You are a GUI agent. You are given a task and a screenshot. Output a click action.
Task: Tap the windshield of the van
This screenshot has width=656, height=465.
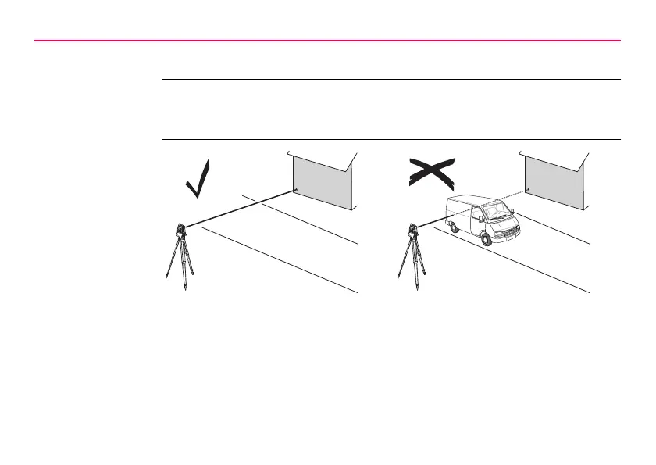pos(495,209)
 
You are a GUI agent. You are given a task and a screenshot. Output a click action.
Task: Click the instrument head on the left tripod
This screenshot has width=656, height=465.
pos(180,231)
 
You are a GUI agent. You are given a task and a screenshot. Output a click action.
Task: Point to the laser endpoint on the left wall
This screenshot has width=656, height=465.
pos(294,190)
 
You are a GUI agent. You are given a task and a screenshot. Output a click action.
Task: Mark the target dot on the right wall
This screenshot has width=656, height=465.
pos(529,190)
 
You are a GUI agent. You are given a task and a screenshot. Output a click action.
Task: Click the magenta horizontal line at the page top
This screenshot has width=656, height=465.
pos(328,41)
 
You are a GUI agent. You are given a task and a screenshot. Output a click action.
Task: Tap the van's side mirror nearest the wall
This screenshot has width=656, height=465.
pos(513,209)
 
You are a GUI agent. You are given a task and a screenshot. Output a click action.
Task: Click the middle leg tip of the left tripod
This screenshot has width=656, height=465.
pos(185,288)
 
